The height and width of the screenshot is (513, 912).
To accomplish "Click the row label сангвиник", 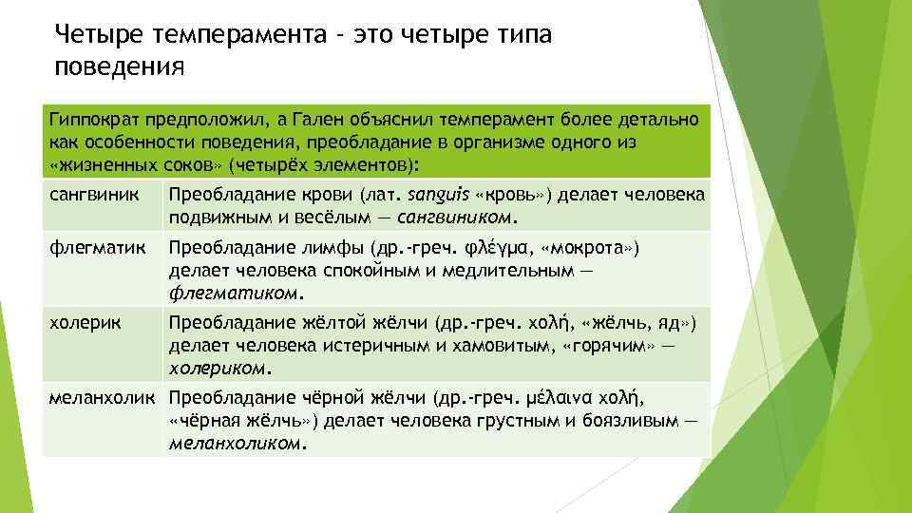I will tap(94, 196).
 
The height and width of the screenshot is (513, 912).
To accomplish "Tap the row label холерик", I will tap(85, 323).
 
